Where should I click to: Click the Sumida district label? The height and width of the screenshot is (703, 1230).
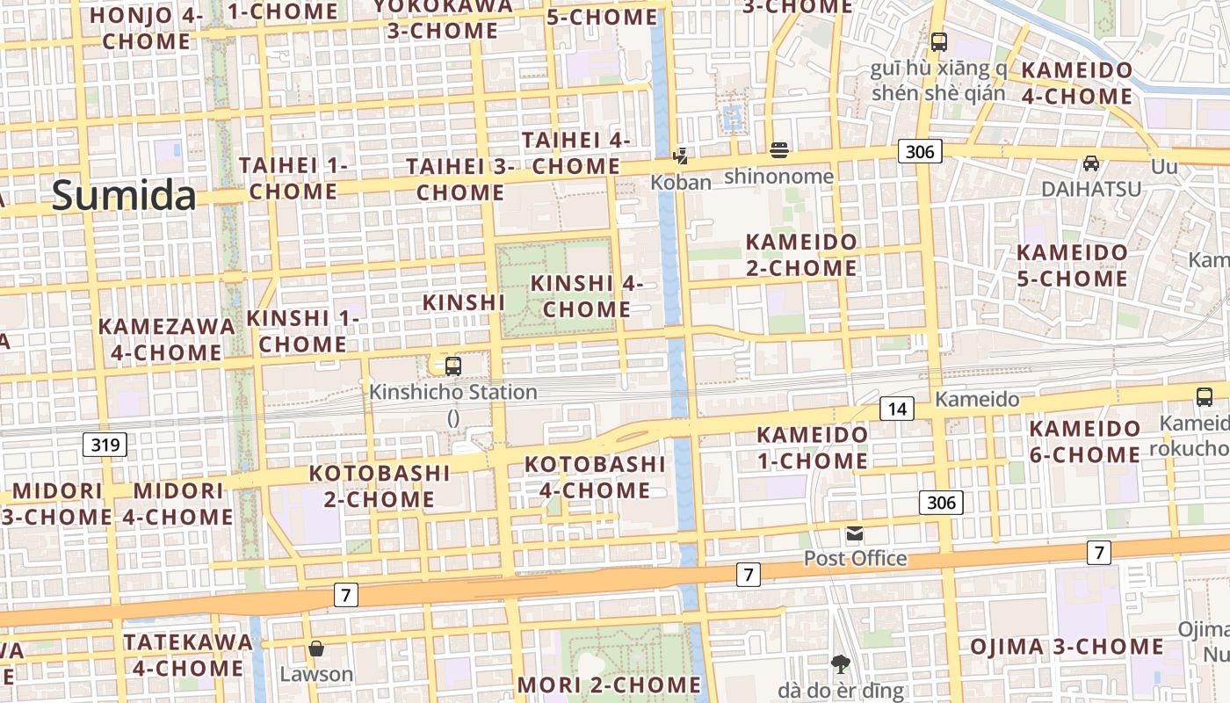124,194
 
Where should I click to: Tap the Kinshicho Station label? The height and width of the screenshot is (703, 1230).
453,392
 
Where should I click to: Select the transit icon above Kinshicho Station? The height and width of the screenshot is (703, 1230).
453,366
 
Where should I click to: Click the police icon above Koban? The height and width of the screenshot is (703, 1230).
680,156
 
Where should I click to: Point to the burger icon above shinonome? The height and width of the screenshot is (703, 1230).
778,150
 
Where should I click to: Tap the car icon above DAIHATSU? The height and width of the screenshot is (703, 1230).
1091,163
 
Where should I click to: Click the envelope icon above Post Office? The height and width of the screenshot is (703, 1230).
855,533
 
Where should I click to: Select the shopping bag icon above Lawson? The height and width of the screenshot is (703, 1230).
316,649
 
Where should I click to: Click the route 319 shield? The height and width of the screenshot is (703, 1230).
105,445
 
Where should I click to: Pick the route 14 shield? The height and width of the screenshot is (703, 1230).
897,408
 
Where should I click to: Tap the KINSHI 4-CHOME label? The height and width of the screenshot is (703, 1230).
587,296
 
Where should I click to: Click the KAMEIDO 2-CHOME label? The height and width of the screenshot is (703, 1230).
800,254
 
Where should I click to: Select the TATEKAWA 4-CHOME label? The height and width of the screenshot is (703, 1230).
187,655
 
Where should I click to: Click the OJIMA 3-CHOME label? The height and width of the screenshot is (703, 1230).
1067,648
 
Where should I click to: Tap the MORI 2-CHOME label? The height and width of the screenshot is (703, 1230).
609,684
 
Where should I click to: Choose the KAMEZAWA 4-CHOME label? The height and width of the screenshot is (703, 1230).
167,339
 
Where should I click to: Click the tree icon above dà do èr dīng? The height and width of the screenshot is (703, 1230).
841,663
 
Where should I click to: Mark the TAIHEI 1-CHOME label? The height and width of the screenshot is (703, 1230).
293,178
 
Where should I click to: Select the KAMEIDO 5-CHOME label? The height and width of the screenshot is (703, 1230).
1072,265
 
